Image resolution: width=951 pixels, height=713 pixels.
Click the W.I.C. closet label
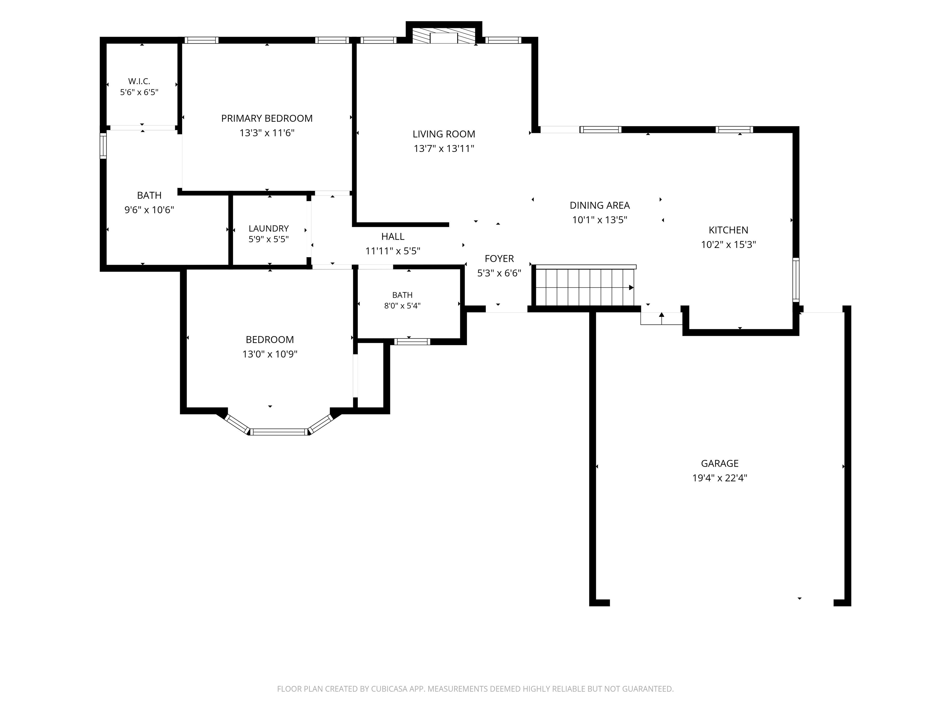tap(139, 81)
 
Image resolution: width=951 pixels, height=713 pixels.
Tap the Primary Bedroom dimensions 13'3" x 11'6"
tap(267, 133)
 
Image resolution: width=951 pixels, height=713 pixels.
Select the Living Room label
tap(444, 134)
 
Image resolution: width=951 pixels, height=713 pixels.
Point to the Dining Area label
tap(600, 205)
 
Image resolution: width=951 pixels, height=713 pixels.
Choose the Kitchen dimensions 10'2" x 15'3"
tap(728, 244)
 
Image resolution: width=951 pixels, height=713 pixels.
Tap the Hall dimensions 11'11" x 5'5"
tap(393, 251)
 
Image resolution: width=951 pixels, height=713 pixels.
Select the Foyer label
tap(499, 259)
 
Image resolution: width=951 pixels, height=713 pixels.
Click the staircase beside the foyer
tap(585, 286)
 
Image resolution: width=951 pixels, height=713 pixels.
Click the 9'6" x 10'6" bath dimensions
tap(149, 210)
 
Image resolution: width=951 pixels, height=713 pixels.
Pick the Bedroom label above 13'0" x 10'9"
tap(270, 339)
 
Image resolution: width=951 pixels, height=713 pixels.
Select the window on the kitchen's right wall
tap(796, 279)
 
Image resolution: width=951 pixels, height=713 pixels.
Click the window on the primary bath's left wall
tap(103, 146)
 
